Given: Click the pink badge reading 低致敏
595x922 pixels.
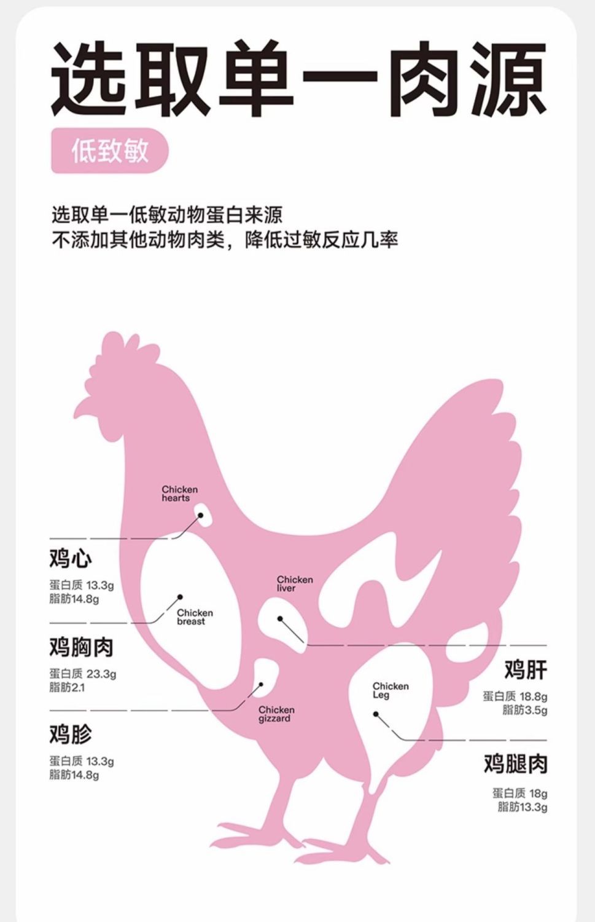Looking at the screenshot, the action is pyautogui.click(x=109, y=151).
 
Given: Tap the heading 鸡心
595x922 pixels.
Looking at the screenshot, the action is pyautogui.click(x=71, y=559).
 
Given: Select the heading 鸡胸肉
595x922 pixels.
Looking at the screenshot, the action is pyautogui.click(x=82, y=647).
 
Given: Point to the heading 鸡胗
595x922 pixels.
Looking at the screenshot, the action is pyautogui.click(x=71, y=734).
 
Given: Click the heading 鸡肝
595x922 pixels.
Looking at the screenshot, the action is pyautogui.click(x=526, y=669).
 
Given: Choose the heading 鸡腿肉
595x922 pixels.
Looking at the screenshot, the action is pyautogui.click(x=515, y=765).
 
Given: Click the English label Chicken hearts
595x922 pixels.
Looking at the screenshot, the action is pyautogui.click(x=179, y=494).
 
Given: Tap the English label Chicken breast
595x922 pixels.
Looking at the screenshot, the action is pyautogui.click(x=195, y=617).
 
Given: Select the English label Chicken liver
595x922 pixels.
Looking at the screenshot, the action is pyautogui.click(x=295, y=584).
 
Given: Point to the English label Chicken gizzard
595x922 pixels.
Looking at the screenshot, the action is pyautogui.click(x=276, y=714).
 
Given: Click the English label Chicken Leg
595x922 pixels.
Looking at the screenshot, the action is pyautogui.click(x=390, y=690).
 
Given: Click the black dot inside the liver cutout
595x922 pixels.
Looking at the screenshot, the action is pyautogui.click(x=280, y=619).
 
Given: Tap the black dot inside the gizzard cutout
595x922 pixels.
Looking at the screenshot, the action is pyautogui.click(x=261, y=685).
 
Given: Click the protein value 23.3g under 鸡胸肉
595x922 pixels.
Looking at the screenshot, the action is pyautogui.click(x=101, y=674).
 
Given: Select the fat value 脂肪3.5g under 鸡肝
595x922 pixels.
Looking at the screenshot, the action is pyautogui.click(x=524, y=710).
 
